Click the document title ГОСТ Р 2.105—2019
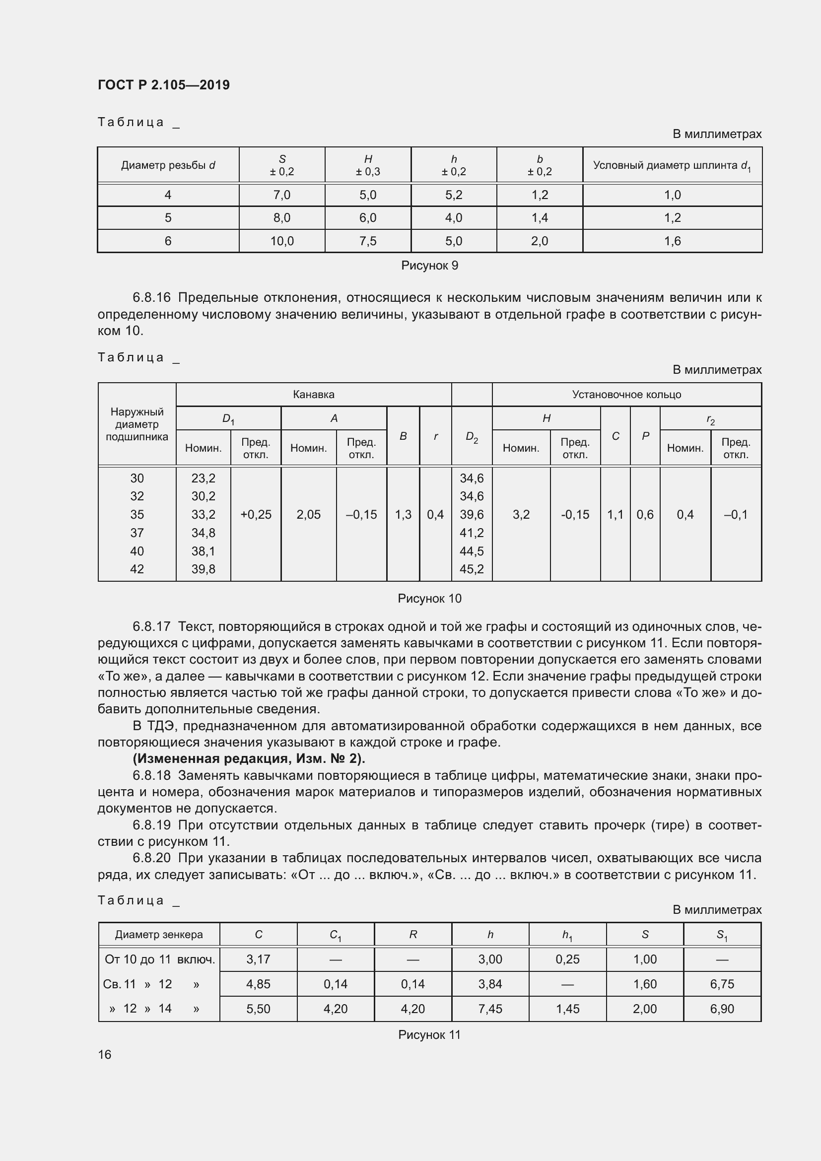(x=163, y=85)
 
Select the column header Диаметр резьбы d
(x=168, y=165)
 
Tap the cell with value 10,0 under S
(x=281, y=241)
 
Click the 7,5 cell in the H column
(x=367, y=241)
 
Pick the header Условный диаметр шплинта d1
(x=672, y=165)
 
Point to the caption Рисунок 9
(x=429, y=266)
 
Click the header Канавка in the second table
(x=313, y=395)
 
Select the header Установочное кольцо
(x=626, y=395)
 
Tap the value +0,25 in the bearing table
(x=256, y=515)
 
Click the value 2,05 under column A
(x=308, y=515)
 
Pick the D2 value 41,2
(x=471, y=533)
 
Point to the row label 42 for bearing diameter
(x=137, y=569)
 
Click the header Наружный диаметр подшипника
(x=137, y=424)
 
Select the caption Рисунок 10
(x=429, y=599)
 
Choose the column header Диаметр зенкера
(x=159, y=935)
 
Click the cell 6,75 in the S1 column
(x=722, y=984)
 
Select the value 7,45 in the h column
(x=490, y=1009)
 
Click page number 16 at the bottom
(x=105, y=1055)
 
